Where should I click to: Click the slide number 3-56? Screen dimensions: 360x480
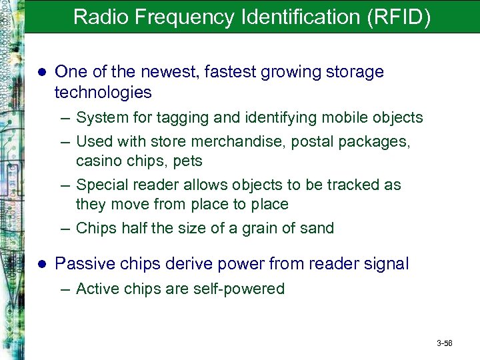(x=445, y=343)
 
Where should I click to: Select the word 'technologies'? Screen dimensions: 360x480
(x=103, y=92)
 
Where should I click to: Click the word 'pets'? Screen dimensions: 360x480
(x=188, y=161)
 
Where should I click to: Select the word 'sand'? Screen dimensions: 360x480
(x=317, y=228)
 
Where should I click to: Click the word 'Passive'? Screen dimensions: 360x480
(x=81, y=264)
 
